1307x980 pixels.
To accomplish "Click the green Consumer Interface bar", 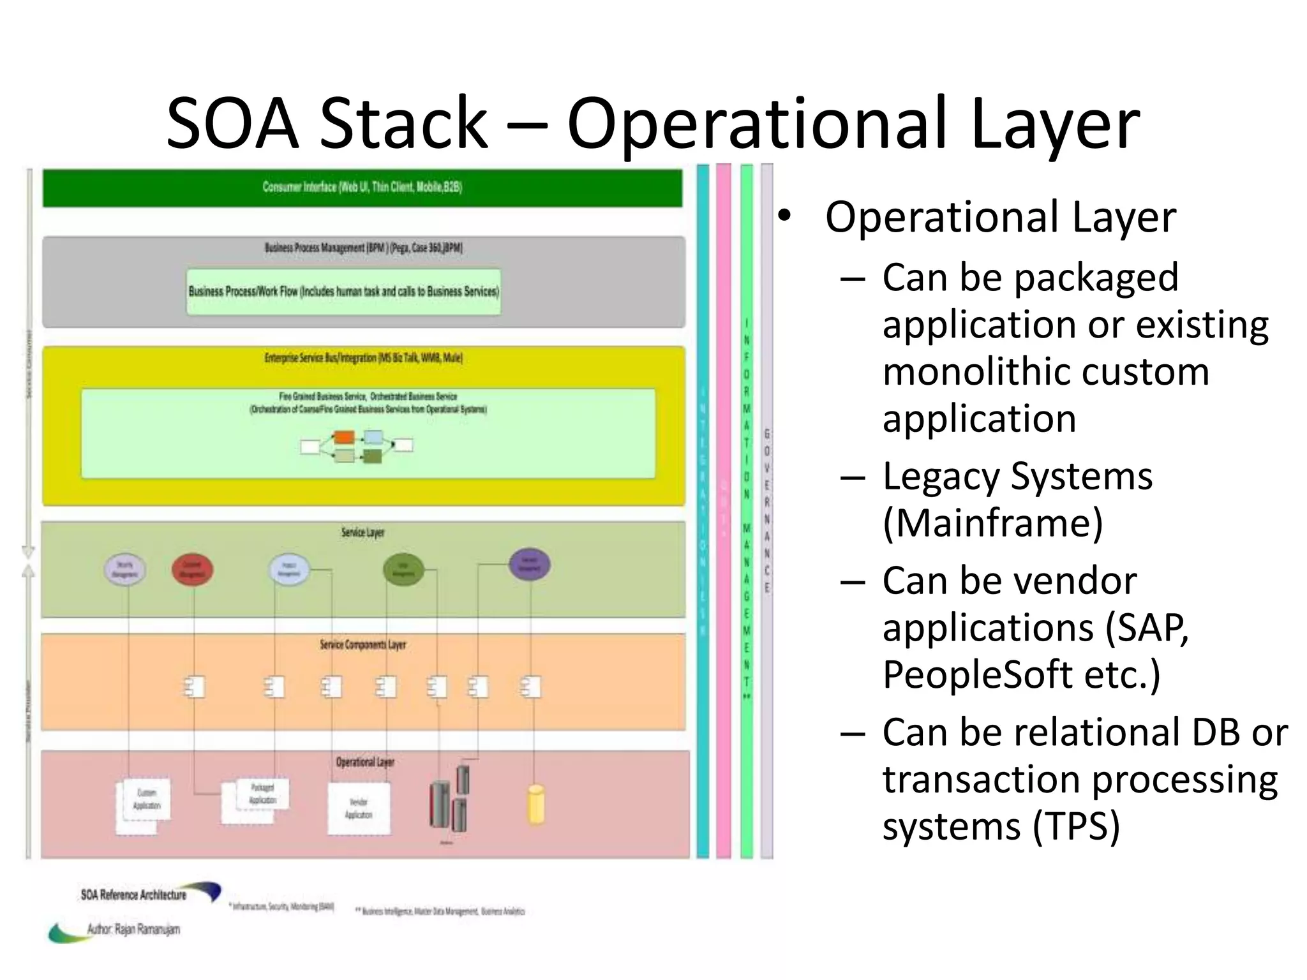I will pyautogui.click(x=362, y=188).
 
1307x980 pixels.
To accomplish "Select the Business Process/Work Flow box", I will pyautogui.click(x=343, y=292).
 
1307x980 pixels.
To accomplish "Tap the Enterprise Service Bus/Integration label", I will pyautogui.click(x=363, y=358).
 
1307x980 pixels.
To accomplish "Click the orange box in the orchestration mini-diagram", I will pyautogui.click(x=344, y=438).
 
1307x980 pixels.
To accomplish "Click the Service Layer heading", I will pyautogui.click(x=362, y=532).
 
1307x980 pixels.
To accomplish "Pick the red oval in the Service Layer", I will pyautogui.click(x=192, y=570).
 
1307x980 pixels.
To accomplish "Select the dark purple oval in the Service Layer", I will pyautogui.click(x=529, y=565).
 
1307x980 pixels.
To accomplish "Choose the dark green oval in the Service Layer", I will pyautogui.click(x=403, y=569).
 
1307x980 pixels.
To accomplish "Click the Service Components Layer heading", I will pyautogui.click(x=362, y=645).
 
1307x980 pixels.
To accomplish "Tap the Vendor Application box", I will pyautogui.click(x=359, y=808).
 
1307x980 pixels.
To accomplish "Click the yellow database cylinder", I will pyautogui.click(x=536, y=805).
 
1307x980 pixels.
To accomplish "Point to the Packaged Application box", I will pyautogui.click(x=262, y=794).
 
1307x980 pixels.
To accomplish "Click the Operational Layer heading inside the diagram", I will pyautogui.click(x=365, y=762).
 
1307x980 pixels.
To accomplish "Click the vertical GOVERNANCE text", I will pyautogui.click(x=766, y=510).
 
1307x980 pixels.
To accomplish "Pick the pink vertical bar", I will pyautogui.click(x=723, y=510).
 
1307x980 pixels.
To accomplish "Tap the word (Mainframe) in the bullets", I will pyautogui.click(x=992, y=523).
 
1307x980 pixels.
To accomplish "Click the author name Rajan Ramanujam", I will pyautogui.click(x=147, y=929).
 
